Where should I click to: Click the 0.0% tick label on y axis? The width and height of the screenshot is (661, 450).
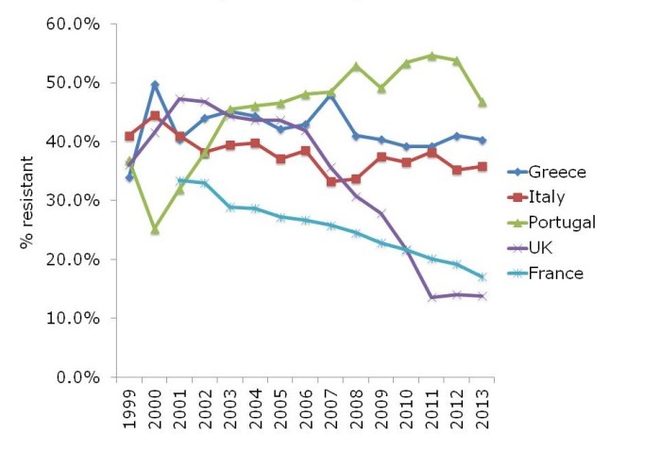coord(76,377)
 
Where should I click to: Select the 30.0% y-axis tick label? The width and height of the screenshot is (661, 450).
coord(73,201)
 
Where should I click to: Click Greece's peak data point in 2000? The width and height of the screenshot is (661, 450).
coord(154,85)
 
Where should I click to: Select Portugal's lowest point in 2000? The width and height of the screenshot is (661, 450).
coord(154,229)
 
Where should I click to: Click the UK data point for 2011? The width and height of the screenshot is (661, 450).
coord(433,297)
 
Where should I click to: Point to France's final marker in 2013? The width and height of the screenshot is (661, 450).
coord(483,277)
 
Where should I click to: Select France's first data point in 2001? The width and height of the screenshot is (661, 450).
coord(179,181)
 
